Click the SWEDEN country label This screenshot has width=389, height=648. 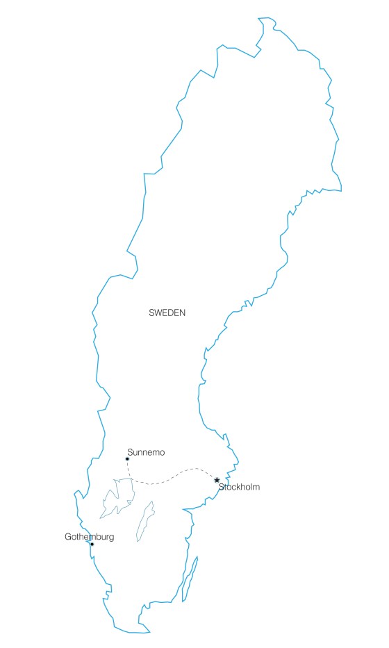point(167,313)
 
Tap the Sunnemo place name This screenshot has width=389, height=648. point(146,453)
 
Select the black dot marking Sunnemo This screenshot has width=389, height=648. point(127,459)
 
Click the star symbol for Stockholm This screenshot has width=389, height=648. point(217,480)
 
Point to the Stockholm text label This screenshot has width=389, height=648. point(239,488)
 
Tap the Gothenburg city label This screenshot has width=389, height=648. point(89,537)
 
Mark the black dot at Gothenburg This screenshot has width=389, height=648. point(92,545)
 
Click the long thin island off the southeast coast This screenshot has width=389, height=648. point(189,578)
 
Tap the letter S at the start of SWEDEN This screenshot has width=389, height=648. point(151,313)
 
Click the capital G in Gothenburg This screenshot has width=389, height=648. point(67,537)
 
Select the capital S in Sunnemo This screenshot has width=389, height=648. point(130,453)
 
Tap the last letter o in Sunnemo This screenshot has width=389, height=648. point(162,453)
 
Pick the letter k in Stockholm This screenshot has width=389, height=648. point(237,488)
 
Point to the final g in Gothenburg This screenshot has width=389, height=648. point(111,538)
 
